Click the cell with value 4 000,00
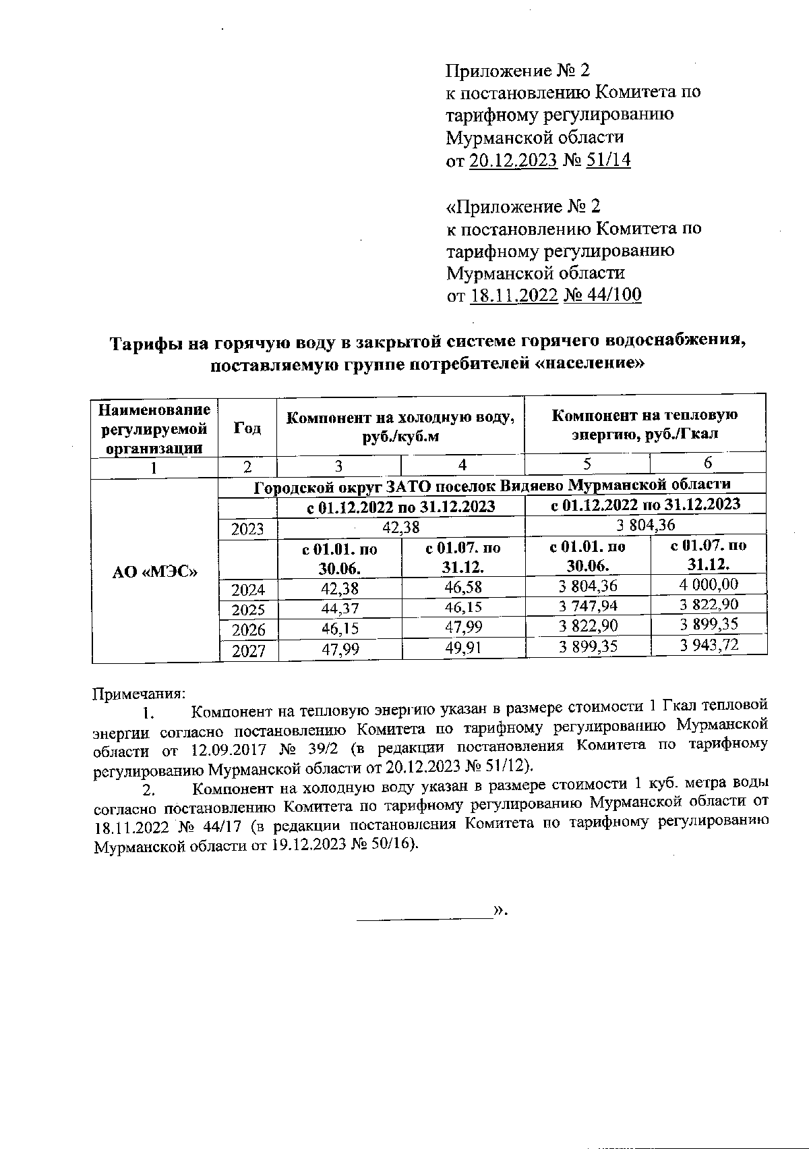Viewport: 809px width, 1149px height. tap(709, 584)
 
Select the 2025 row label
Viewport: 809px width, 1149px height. tap(248, 610)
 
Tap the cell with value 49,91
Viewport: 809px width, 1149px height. tap(462, 648)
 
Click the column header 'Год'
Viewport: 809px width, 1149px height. tap(247, 428)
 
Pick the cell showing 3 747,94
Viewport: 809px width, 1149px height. tap(588, 605)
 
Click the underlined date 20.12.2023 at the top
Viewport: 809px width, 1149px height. tap(513, 160)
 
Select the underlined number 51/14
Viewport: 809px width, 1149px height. tap(609, 160)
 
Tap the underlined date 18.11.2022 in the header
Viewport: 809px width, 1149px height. tap(514, 296)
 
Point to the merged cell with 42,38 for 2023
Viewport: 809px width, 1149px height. tap(400, 526)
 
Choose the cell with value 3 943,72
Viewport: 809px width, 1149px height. tap(709, 645)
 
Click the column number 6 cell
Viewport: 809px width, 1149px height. tap(708, 463)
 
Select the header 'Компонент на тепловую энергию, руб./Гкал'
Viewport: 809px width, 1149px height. tap(645, 424)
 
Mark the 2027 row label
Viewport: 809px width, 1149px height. tap(248, 650)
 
